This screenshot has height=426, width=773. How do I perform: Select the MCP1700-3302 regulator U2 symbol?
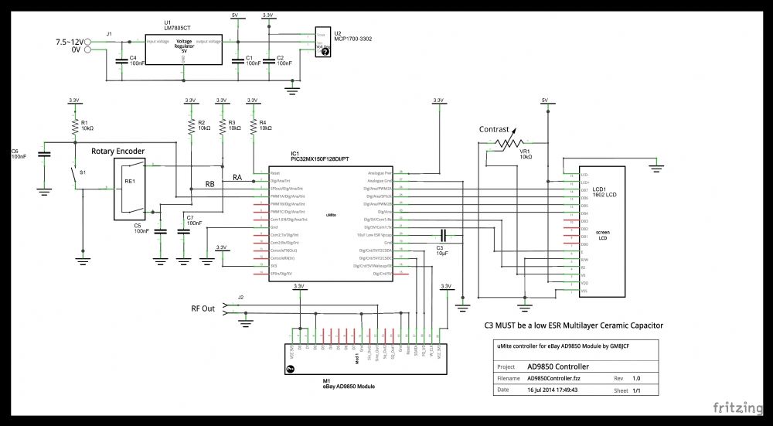[322, 42]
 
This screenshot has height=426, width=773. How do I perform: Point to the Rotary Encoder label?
[117, 151]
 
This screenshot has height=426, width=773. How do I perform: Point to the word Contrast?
[494, 129]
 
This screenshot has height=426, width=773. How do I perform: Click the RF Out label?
[203, 308]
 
